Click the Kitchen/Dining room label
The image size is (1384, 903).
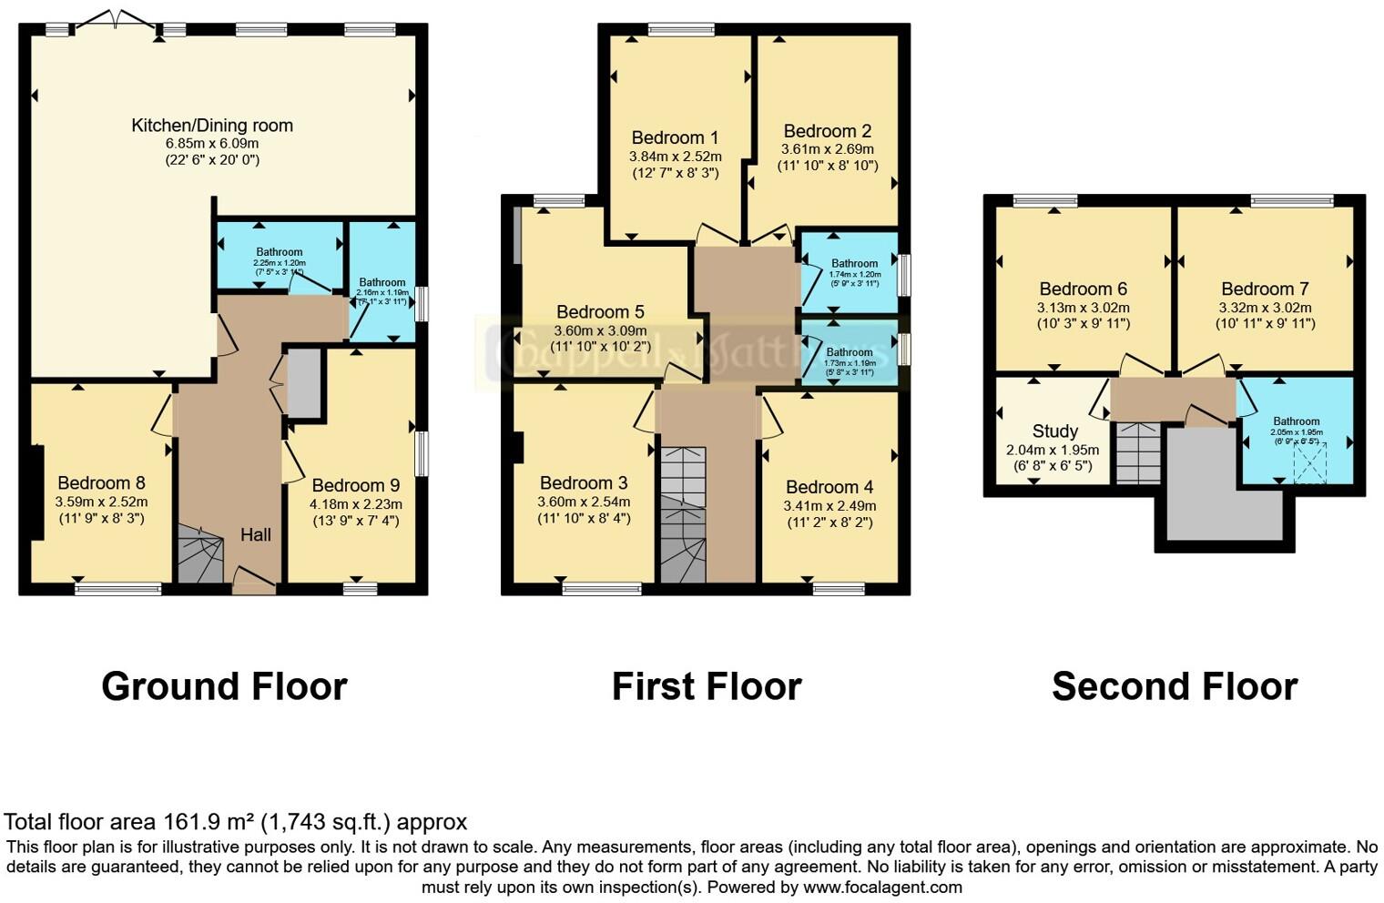[212, 126]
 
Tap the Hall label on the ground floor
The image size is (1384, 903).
[255, 534]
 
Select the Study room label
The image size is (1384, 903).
[1054, 431]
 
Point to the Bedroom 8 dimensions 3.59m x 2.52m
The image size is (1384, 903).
[101, 502]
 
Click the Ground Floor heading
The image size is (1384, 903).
[224, 686]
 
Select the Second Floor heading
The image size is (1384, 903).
[1174, 686]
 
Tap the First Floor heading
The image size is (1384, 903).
[706, 686]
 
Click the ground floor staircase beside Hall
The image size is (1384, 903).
[199, 555]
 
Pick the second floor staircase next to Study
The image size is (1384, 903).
[1137, 452]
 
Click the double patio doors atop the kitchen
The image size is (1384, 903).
[115, 20]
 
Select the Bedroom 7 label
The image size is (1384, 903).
[1265, 289]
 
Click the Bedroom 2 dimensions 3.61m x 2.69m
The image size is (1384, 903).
[827, 149]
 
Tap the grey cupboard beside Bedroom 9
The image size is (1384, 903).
[304, 383]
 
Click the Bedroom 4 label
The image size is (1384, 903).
[829, 487]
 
